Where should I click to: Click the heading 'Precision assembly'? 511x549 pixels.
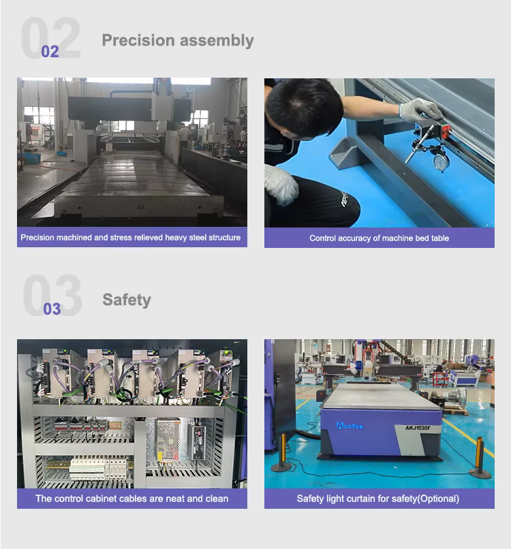(x=178, y=41)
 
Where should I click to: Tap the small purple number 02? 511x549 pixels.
(x=50, y=52)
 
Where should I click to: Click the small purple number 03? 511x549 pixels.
(x=52, y=309)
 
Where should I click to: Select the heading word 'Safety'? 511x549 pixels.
(x=127, y=300)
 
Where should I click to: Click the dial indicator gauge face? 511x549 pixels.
(x=439, y=162)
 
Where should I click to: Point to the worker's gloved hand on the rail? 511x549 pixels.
(x=420, y=109)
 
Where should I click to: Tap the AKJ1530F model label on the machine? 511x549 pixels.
(x=418, y=428)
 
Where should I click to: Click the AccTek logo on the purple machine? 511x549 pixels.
(x=350, y=426)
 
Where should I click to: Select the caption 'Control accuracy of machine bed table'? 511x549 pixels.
(x=379, y=238)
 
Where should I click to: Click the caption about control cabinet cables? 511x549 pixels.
(x=131, y=499)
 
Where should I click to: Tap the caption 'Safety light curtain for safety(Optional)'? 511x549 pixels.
(x=378, y=499)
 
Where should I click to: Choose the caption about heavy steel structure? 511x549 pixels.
(x=130, y=238)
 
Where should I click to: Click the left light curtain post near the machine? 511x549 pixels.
(x=283, y=453)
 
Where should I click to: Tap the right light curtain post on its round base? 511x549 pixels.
(x=480, y=458)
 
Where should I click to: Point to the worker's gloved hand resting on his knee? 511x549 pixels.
(x=281, y=185)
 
